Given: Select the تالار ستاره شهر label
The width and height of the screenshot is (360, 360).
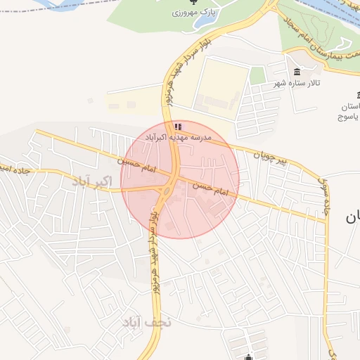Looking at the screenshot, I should click(x=297, y=83).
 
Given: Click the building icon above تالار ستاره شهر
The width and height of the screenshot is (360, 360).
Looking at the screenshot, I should click(x=297, y=72).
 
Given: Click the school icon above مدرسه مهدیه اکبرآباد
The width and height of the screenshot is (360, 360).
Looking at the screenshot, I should click(x=177, y=127).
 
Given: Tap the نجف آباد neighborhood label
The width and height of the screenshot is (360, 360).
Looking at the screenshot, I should click(x=147, y=323).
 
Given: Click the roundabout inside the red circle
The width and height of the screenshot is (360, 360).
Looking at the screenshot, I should click(x=167, y=189).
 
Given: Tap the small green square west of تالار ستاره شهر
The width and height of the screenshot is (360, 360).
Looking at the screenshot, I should click(x=258, y=75).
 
